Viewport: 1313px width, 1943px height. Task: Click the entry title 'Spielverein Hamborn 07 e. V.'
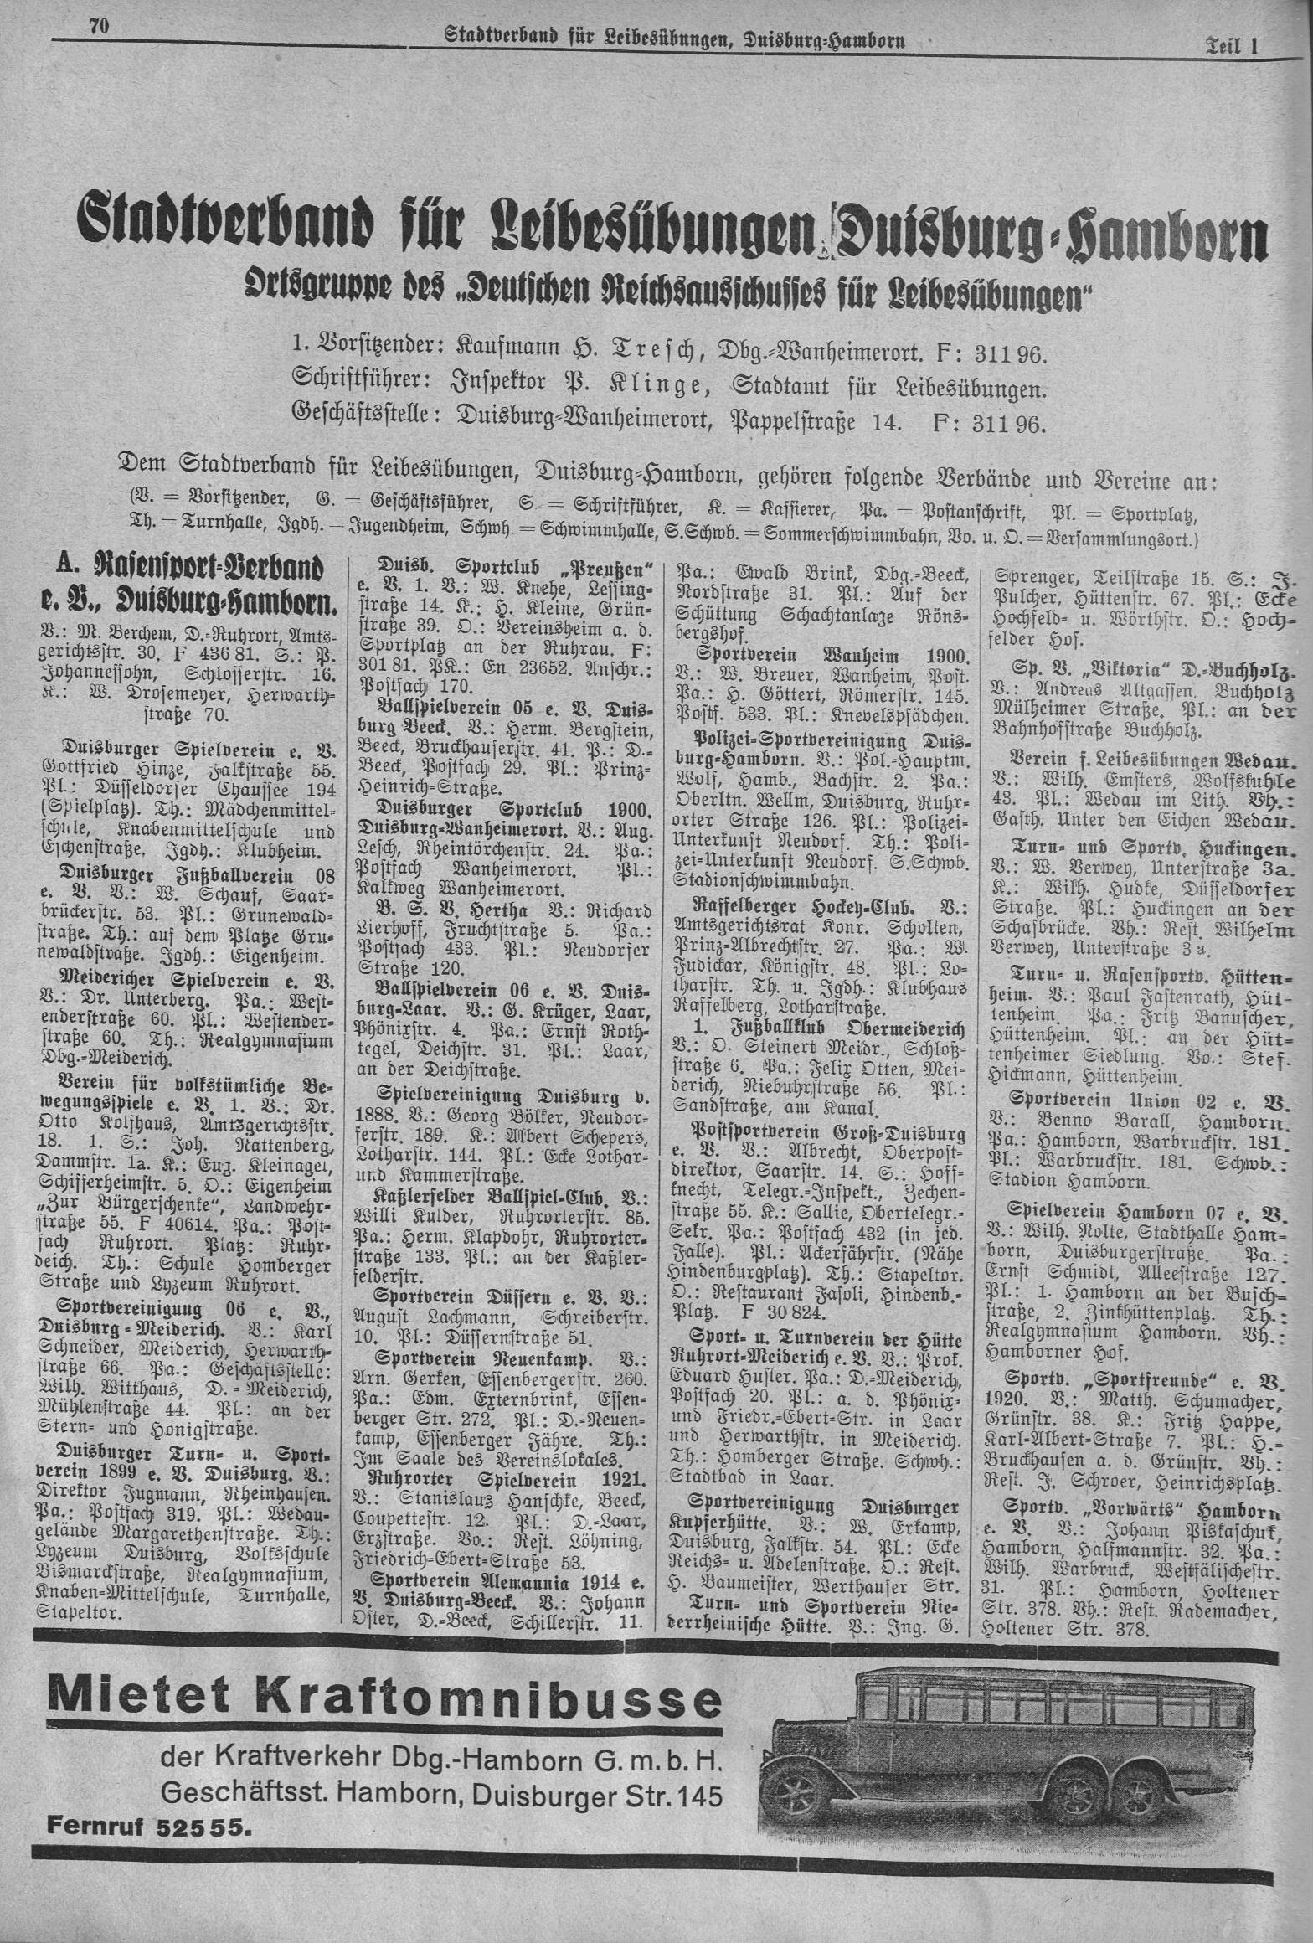pos(1140,1212)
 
